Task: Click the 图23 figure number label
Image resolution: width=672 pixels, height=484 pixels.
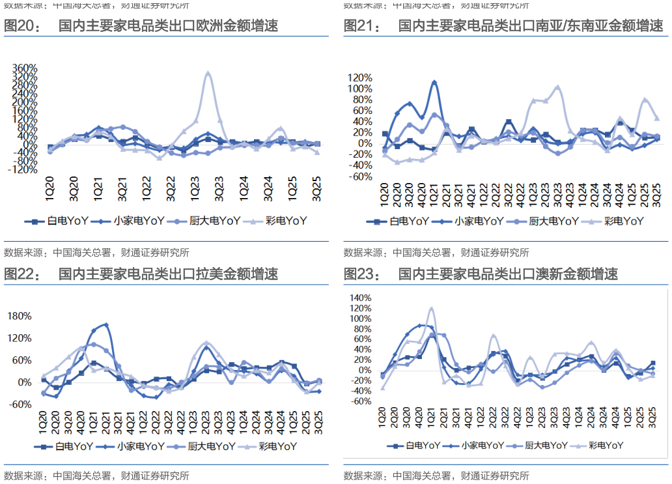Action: click(x=361, y=274)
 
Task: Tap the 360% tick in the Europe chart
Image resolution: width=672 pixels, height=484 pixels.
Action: click(x=24, y=68)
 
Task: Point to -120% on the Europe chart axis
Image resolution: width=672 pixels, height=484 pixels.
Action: click(x=23, y=169)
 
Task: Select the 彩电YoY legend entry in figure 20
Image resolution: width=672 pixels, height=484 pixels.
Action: click(x=285, y=221)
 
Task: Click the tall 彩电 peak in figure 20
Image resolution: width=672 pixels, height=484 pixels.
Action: click(x=208, y=73)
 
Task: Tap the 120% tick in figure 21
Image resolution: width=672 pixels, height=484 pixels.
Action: click(x=360, y=78)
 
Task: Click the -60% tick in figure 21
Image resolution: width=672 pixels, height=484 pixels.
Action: click(x=360, y=177)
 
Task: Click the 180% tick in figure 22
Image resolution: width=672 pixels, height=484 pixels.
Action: click(x=19, y=317)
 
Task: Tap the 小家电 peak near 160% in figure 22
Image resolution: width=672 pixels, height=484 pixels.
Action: click(x=106, y=324)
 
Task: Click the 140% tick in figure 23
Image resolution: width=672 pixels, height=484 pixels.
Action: click(x=359, y=298)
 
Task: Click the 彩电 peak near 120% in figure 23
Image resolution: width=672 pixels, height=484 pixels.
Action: click(x=431, y=308)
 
